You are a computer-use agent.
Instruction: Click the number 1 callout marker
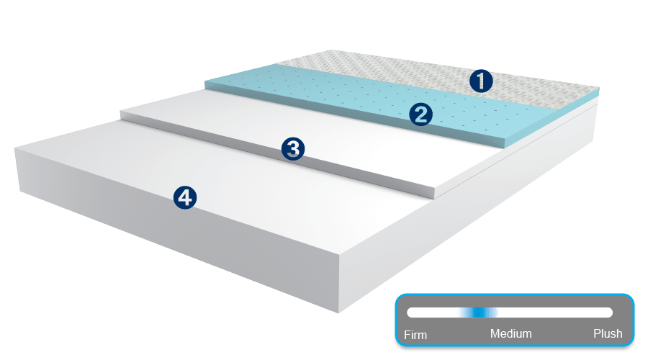pyautogui.click(x=481, y=81)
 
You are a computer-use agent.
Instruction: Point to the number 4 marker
pyautogui.click(x=185, y=197)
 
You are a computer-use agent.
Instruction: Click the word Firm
pyautogui.click(x=415, y=334)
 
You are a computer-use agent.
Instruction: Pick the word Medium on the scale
pyautogui.click(x=510, y=333)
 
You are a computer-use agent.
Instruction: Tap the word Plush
pyautogui.click(x=608, y=333)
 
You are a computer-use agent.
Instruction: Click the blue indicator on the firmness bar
pyautogui.click(x=479, y=312)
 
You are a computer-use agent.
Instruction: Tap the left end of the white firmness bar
pyautogui.click(x=410, y=312)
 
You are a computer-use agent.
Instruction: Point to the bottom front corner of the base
pyautogui.click(x=340, y=311)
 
